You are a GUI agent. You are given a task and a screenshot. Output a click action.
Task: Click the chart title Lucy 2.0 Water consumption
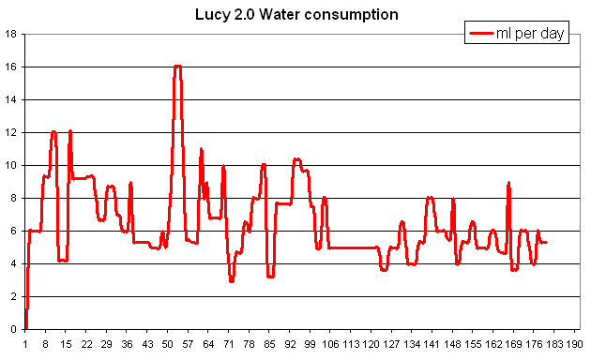[296, 14]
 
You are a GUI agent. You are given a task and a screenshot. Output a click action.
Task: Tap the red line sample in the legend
[483, 35]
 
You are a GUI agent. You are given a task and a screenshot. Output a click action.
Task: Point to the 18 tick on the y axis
[11, 35]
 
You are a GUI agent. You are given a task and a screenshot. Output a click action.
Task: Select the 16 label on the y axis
[11, 67]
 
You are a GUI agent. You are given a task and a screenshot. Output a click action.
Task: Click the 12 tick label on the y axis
[11, 132]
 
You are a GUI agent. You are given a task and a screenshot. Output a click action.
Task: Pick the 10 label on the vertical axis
[11, 165]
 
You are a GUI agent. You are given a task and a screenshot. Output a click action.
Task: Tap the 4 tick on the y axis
[14, 263]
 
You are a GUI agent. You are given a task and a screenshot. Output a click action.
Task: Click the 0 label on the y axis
[14, 329]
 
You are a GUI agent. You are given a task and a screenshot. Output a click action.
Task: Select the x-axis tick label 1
[26, 344]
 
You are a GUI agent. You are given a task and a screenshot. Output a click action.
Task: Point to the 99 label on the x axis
[311, 344]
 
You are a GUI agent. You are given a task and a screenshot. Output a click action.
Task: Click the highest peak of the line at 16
[177, 67]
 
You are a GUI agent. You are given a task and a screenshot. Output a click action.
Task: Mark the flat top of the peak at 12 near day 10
[53, 132]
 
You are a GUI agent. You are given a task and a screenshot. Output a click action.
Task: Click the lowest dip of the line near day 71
[232, 280]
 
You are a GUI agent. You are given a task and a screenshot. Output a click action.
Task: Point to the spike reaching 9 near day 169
[508, 183]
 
